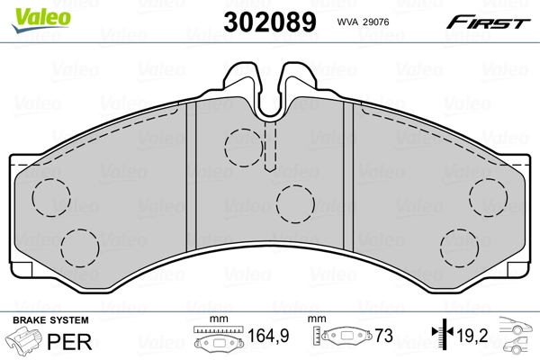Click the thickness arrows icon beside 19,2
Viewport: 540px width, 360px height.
(438, 338)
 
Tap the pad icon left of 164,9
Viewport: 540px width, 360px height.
(219, 341)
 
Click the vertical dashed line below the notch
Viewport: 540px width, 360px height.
(269, 144)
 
